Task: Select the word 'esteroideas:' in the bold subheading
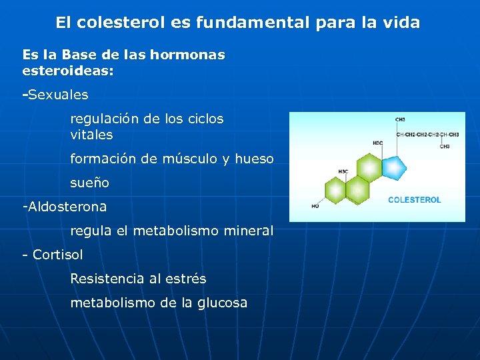click(68, 70)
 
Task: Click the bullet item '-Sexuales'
click(55, 95)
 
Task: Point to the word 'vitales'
click(91, 135)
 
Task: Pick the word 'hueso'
click(255, 159)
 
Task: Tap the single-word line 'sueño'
click(89, 183)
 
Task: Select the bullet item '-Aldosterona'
click(65, 207)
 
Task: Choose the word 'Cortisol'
click(57, 255)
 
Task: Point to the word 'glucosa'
click(222, 303)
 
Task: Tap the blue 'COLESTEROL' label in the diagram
click(414, 200)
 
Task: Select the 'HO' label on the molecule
click(315, 207)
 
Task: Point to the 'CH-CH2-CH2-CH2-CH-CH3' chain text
click(427, 134)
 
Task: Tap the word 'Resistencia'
click(106, 279)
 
